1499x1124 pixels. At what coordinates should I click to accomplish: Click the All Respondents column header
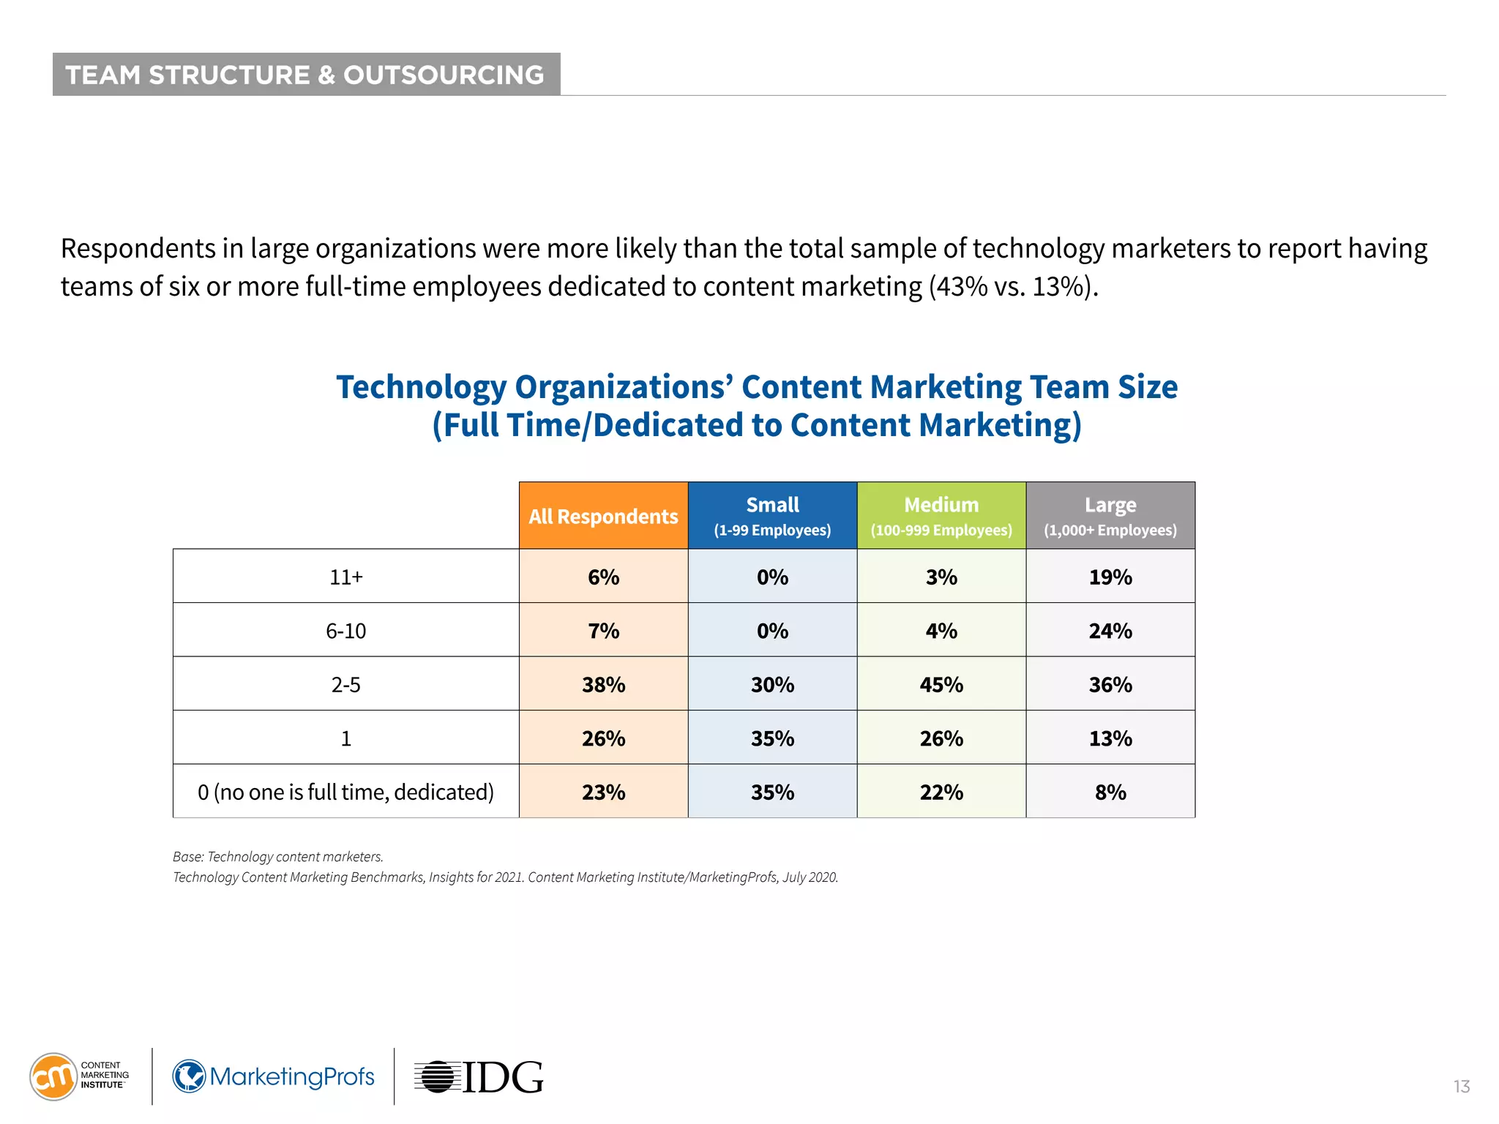(x=603, y=516)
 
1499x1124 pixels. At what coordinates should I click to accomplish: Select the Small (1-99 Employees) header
(x=772, y=516)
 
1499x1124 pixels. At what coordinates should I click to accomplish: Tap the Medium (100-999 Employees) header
(x=941, y=516)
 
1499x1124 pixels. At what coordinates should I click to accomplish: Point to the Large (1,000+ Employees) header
(x=1110, y=516)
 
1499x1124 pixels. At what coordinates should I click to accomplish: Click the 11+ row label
(x=345, y=577)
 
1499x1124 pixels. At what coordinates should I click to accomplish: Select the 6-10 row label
(x=345, y=630)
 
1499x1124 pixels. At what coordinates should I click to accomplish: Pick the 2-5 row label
(x=345, y=684)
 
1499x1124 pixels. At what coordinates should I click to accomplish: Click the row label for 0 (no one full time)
(x=345, y=792)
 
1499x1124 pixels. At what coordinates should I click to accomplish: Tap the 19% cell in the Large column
(x=1110, y=577)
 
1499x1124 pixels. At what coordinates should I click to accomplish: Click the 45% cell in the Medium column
(x=941, y=684)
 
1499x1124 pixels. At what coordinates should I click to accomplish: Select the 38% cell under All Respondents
(x=603, y=684)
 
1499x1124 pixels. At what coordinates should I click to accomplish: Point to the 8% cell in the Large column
(x=1110, y=792)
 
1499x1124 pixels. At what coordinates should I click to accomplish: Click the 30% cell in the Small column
(x=772, y=684)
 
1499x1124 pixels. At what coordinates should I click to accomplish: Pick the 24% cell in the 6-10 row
(x=1110, y=630)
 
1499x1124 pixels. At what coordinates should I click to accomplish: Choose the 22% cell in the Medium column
(x=941, y=792)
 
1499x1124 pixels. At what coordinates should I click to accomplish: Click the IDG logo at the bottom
(x=479, y=1077)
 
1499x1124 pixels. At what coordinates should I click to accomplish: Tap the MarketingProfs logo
(x=274, y=1076)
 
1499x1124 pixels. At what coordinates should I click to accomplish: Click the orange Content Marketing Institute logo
(x=53, y=1076)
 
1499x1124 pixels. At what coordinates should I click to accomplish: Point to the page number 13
(x=1461, y=1087)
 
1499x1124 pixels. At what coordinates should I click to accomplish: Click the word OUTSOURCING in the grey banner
(x=444, y=75)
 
